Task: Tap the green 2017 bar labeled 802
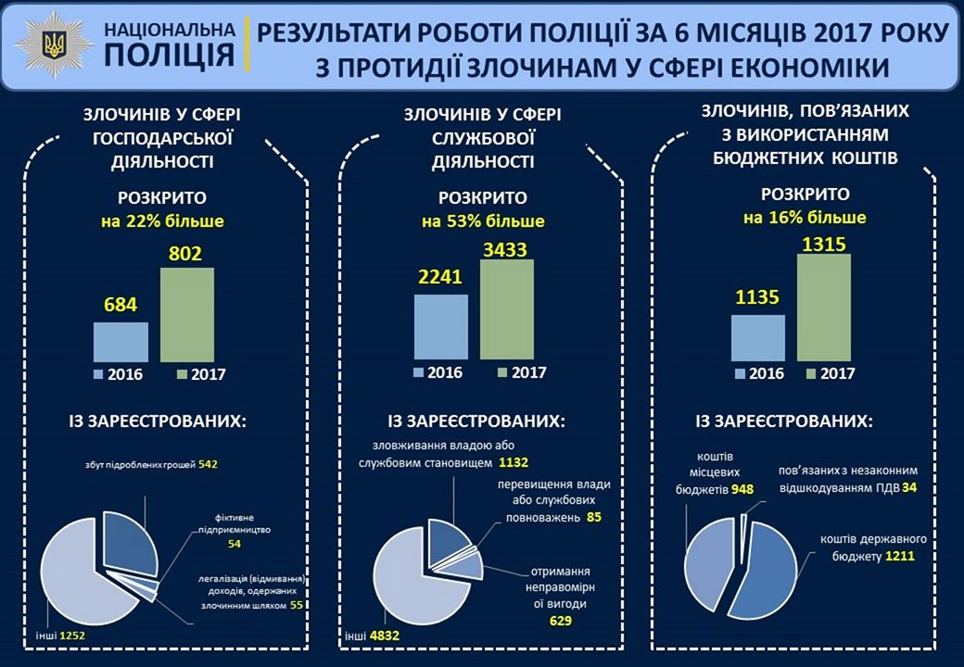[187, 314]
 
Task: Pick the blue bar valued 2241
[440, 326]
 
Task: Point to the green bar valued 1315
[824, 305]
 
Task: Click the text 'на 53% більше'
[483, 222]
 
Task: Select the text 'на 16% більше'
[805, 219]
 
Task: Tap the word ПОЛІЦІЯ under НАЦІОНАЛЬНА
[170, 55]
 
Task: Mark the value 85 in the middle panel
[594, 517]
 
